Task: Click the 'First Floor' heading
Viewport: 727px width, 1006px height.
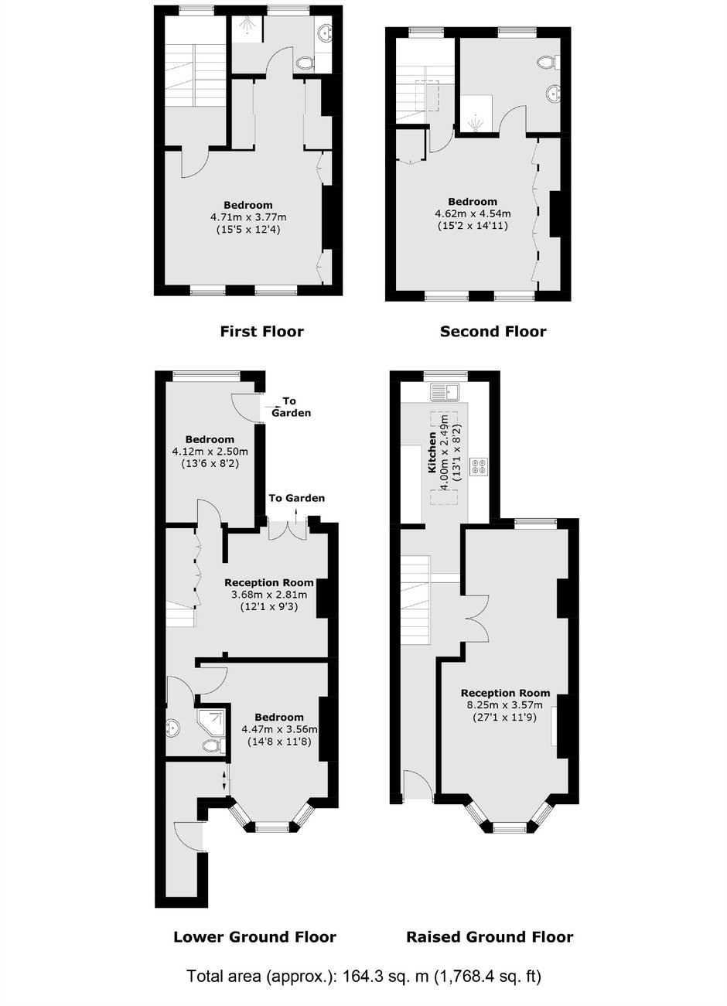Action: pos(261,332)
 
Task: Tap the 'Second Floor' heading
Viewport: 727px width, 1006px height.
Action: pos(493,332)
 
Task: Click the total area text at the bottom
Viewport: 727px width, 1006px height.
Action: pos(363,977)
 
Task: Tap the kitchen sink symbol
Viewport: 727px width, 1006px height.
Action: pos(445,391)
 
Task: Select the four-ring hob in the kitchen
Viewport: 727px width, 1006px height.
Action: pos(479,466)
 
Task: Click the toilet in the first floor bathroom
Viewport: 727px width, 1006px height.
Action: pos(306,63)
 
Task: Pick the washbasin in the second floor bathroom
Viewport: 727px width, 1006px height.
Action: pos(553,94)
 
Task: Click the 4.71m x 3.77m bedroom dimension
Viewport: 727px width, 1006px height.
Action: pos(248,217)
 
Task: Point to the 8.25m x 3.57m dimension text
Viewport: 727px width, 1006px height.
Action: pos(504,704)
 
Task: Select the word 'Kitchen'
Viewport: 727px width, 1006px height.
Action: pos(432,452)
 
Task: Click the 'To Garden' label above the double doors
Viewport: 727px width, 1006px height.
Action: pos(296,498)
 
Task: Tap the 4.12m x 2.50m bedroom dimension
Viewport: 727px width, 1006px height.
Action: pos(210,451)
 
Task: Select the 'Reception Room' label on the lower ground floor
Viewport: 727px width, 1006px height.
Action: pos(268,582)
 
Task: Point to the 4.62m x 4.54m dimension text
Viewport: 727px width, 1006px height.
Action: pos(473,213)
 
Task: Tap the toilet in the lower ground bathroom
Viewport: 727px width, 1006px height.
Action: pos(210,745)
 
